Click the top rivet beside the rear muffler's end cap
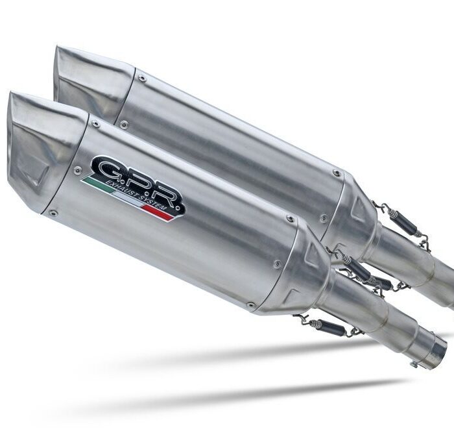142,79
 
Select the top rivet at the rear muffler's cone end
335,173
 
